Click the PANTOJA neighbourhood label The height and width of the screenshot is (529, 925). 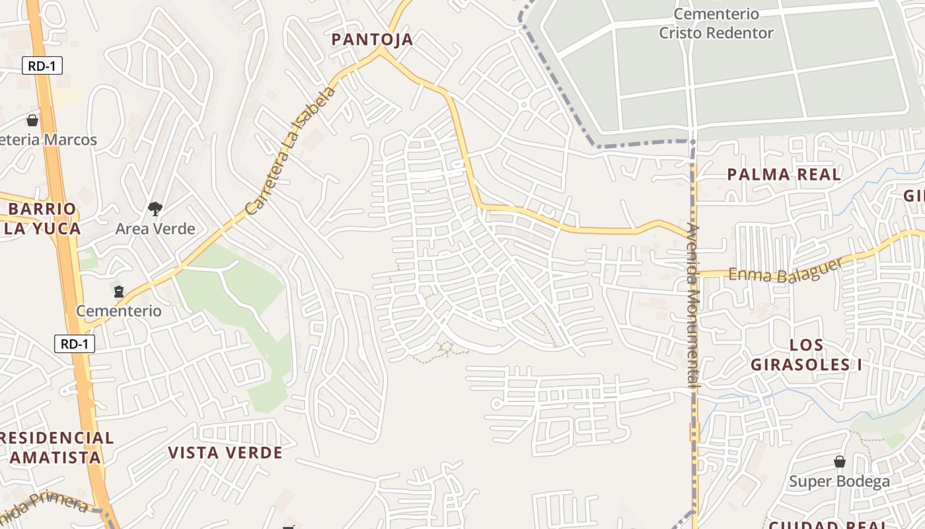(372, 40)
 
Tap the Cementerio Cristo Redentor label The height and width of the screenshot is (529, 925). (716, 23)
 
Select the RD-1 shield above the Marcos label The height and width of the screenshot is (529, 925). (42, 66)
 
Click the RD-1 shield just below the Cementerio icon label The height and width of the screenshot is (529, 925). (75, 344)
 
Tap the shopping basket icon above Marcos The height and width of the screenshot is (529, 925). (32, 120)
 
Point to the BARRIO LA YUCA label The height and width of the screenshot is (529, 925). (43, 219)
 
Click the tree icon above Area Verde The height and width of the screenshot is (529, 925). (155, 210)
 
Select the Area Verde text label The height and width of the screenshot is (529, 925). (155, 229)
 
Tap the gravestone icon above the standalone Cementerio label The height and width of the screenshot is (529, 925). (119, 291)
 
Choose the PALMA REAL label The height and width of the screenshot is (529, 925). (784, 175)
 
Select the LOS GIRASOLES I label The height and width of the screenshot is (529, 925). (806, 354)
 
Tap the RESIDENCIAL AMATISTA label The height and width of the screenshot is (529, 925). (56, 447)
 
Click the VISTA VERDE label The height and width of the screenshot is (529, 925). (225, 453)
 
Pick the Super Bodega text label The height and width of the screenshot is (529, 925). (839, 481)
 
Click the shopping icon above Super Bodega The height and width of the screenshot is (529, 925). (839, 462)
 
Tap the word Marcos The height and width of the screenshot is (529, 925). (69, 140)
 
